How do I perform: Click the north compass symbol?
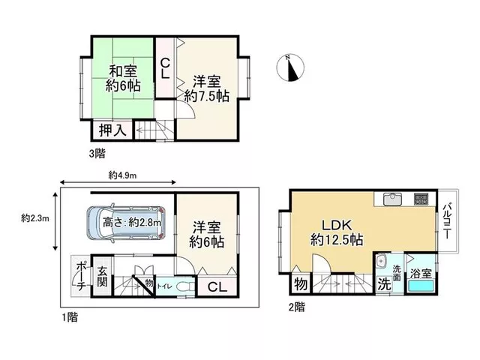click(x=290, y=67)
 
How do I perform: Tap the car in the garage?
click(x=126, y=223)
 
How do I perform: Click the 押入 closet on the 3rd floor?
click(x=112, y=130)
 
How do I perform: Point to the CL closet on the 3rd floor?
click(x=165, y=68)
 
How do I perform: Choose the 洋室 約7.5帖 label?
click(x=207, y=88)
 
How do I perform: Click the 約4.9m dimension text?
click(x=122, y=175)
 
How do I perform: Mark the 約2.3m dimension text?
click(x=35, y=218)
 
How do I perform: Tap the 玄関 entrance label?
click(x=102, y=277)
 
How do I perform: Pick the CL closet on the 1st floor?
click(x=217, y=286)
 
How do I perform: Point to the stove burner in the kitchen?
click(x=421, y=199)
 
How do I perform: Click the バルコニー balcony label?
click(x=447, y=220)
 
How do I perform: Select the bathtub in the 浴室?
click(x=421, y=286)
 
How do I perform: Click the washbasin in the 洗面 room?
click(x=381, y=261)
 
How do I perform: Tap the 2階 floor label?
click(x=297, y=307)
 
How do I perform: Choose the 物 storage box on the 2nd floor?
click(x=301, y=284)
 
